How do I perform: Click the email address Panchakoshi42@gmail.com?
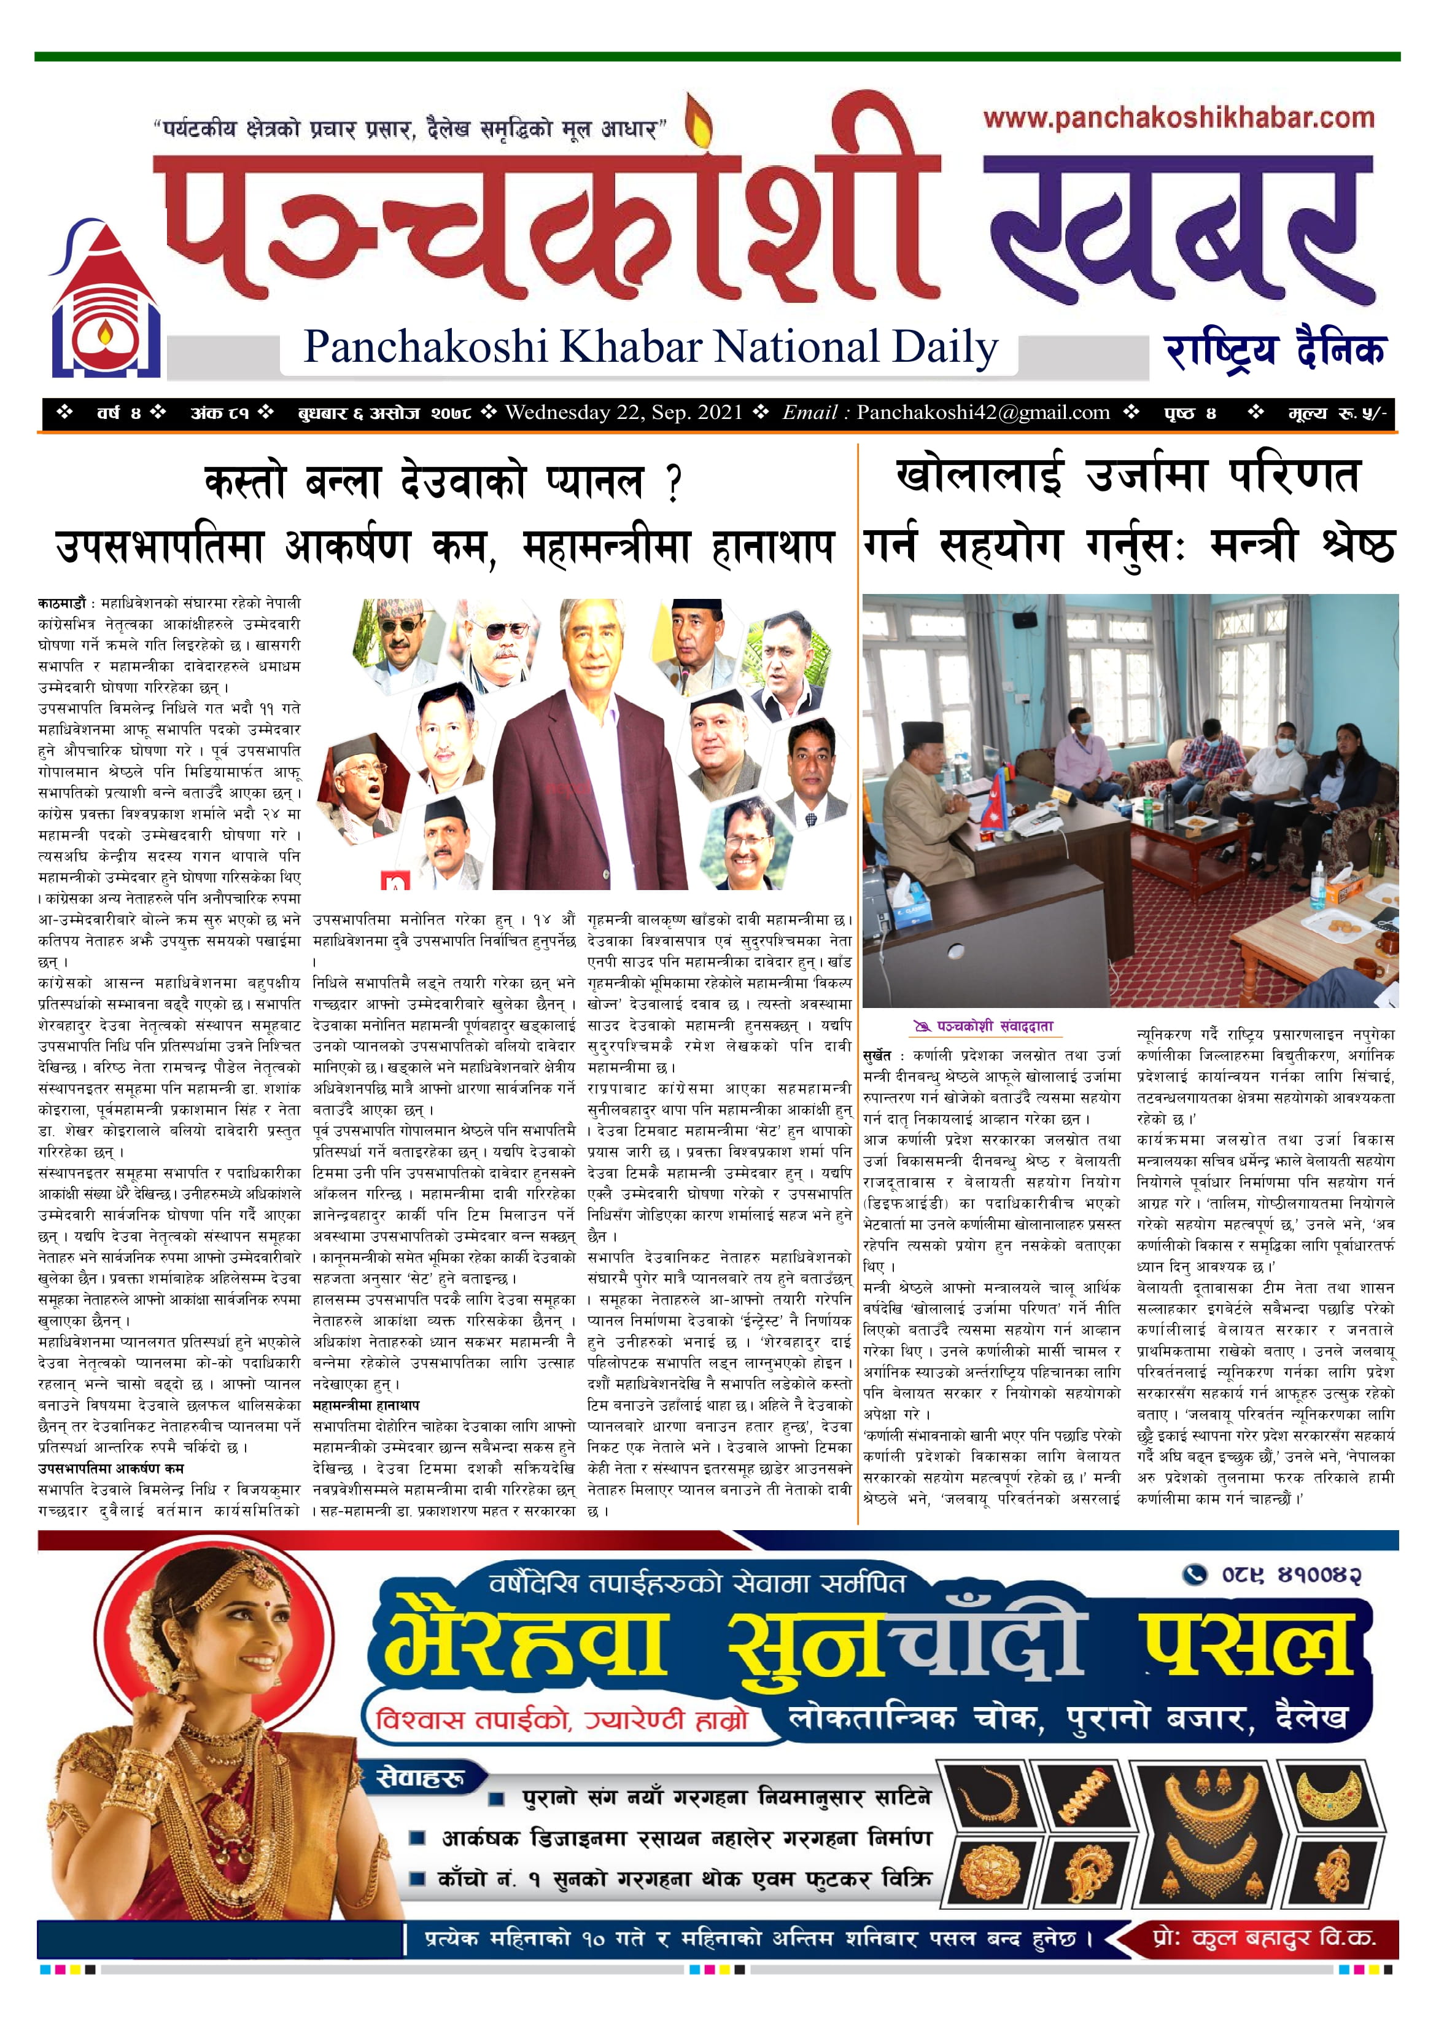tap(983, 412)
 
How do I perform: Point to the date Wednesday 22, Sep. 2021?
tap(624, 412)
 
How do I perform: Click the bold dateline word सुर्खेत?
tap(878, 1056)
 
